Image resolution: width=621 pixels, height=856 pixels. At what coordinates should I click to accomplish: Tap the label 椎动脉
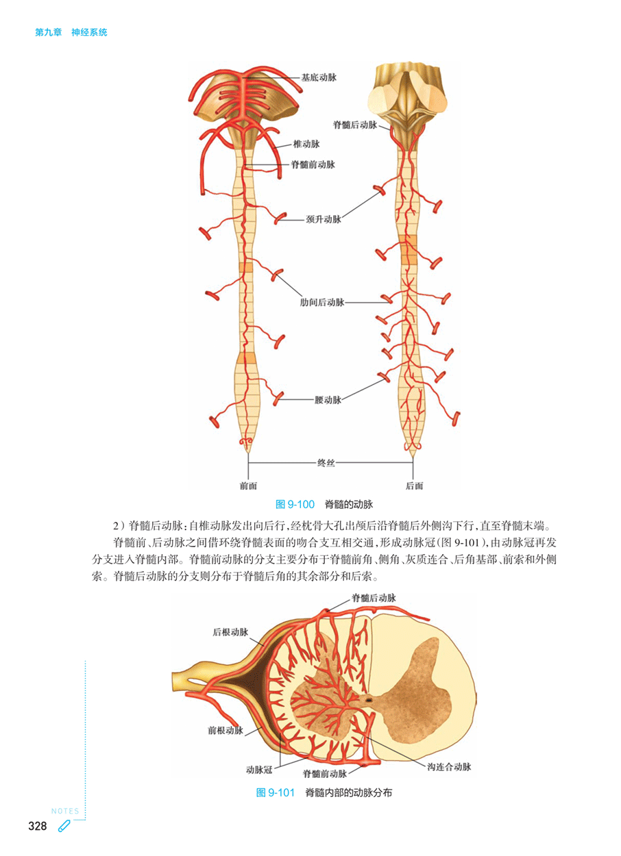[x=306, y=144]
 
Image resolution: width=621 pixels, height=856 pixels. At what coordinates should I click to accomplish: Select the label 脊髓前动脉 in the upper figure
[x=313, y=164]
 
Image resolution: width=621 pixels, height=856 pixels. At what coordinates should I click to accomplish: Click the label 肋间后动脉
[x=322, y=302]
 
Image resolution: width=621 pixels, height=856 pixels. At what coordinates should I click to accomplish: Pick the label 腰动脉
[x=328, y=400]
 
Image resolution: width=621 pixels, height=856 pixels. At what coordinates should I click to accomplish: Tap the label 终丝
[x=326, y=464]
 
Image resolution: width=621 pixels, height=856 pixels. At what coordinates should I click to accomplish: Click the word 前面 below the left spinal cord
[x=249, y=486]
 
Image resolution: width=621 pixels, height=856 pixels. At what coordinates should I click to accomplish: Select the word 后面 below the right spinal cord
[x=414, y=486]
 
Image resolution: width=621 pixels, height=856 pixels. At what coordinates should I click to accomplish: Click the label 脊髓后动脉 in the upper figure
[x=355, y=125]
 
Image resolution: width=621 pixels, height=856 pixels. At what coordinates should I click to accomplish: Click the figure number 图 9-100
[x=295, y=505]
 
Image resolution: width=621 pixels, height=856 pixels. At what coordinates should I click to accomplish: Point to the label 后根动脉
[x=230, y=631]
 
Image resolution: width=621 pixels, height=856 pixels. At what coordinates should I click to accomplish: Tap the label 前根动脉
[x=225, y=731]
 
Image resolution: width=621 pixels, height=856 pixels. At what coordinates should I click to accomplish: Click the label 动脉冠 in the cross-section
[x=259, y=769]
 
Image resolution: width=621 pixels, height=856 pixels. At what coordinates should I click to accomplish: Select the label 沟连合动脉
[x=449, y=767]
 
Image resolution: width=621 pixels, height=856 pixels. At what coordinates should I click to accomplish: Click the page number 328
[x=37, y=826]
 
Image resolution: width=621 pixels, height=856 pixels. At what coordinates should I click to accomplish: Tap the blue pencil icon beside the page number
[x=64, y=826]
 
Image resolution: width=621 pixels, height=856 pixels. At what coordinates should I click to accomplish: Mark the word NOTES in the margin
[x=64, y=811]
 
